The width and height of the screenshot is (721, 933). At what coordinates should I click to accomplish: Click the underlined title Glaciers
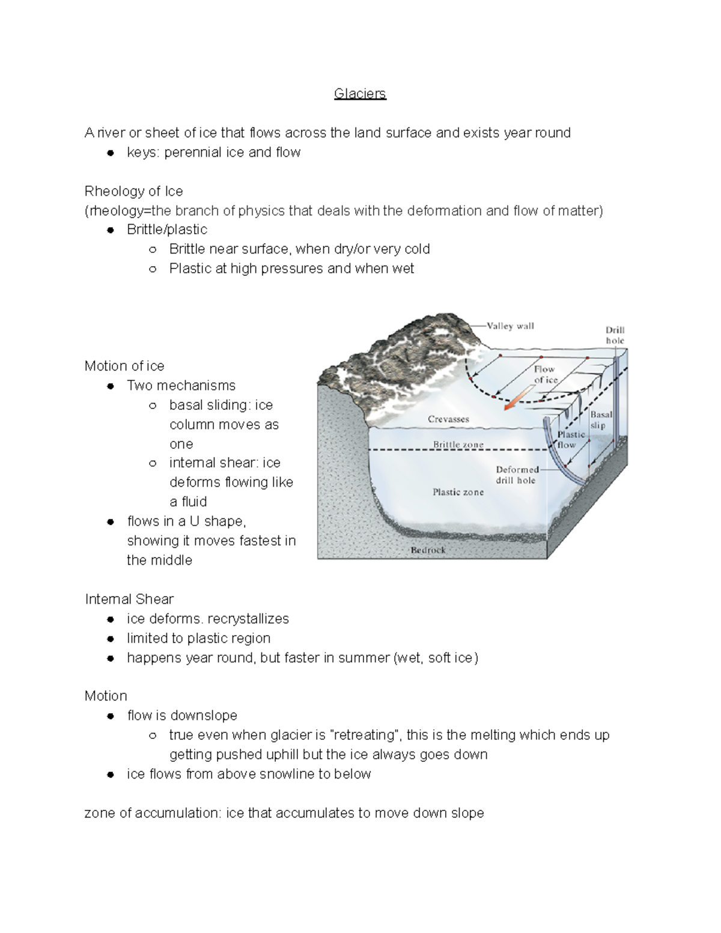click(x=360, y=94)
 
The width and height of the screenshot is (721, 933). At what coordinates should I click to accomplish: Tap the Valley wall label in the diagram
click(x=510, y=326)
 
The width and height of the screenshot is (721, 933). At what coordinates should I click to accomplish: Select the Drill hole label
click(x=615, y=335)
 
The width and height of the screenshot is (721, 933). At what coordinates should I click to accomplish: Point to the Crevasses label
click(x=448, y=419)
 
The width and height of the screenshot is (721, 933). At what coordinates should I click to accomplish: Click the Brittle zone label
click(x=458, y=445)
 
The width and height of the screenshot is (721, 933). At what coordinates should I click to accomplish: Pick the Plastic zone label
click(x=458, y=492)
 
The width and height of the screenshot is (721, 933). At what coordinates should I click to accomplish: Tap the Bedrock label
click(x=428, y=550)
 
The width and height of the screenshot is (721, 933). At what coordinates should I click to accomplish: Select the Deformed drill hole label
click(x=516, y=475)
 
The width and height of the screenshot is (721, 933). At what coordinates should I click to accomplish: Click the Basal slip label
click(x=600, y=420)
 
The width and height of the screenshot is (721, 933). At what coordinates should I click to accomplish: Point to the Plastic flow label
click(x=570, y=440)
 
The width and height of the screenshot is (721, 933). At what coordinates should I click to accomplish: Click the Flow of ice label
click(x=545, y=374)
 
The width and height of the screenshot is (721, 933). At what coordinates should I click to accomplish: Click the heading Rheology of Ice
click(x=133, y=191)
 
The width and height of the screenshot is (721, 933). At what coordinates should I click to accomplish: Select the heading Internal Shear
click(x=129, y=599)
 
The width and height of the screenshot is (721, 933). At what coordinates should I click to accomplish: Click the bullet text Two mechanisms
click(x=181, y=386)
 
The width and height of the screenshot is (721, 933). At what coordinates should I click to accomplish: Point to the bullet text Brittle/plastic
click(x=166, y=229)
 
